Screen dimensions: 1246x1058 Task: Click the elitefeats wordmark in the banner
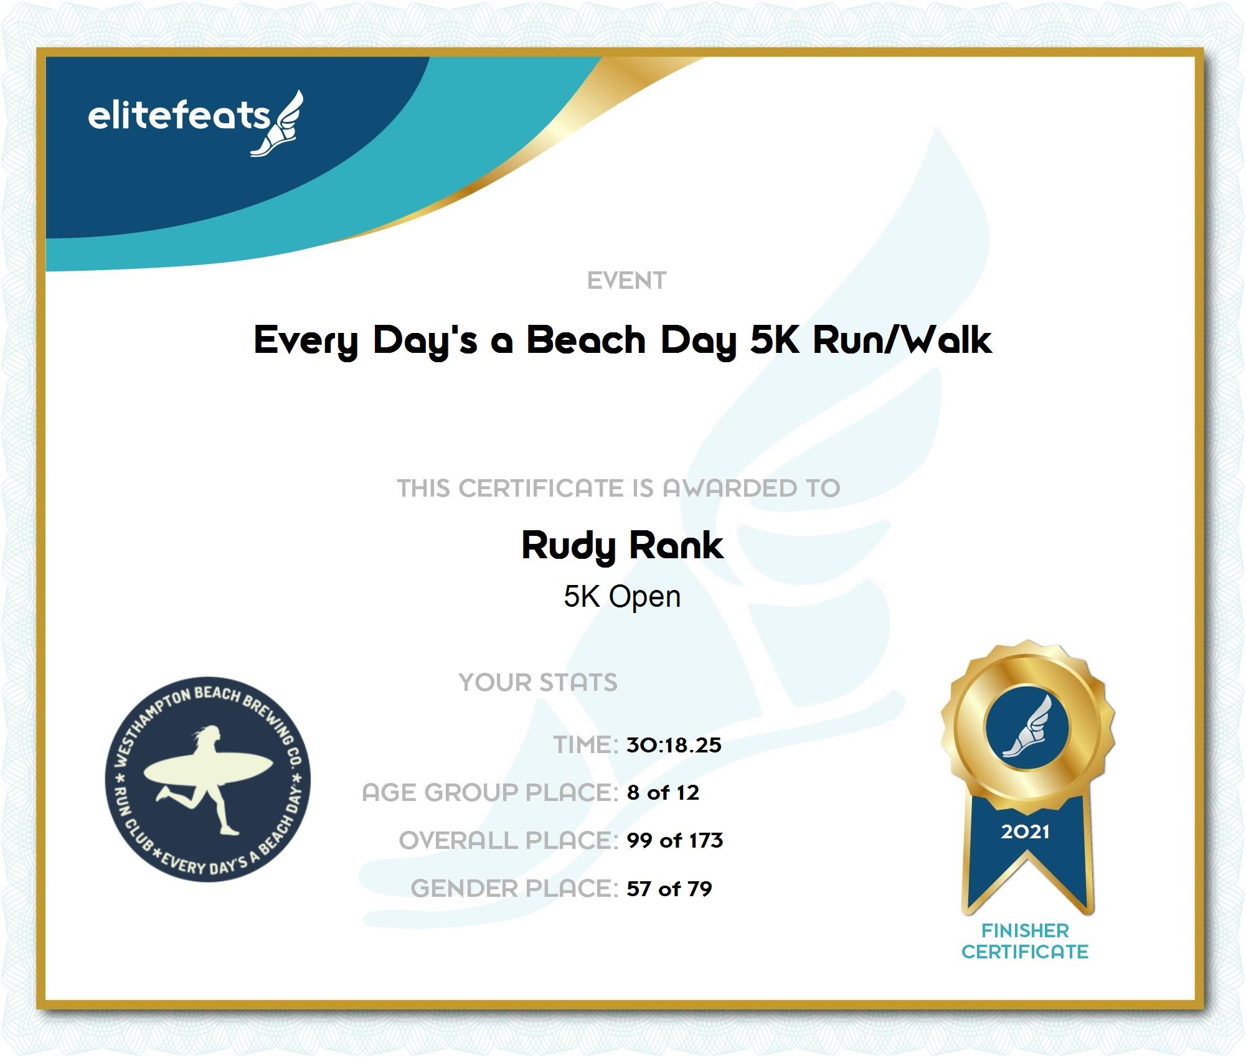(179, 116)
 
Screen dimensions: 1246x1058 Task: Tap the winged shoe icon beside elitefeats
(277, 123)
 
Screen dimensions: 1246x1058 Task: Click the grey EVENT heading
(626, 281)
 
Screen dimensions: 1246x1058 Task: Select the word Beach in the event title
(587, 340)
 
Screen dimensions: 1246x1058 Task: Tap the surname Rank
(676, 545)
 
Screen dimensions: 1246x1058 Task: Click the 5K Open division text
(622, 596)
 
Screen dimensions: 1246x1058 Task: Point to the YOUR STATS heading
(538, 682)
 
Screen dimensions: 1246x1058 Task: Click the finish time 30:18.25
(674, 745)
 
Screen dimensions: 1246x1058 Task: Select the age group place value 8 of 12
(663, 792)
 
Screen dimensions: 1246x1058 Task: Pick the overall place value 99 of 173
(675, 840)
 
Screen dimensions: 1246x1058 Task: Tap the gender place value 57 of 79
(669, 888)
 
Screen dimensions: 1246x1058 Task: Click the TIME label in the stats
(585, 745)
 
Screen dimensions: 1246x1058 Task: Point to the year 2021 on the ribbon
(1025, 831)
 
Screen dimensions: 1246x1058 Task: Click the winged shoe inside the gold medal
(1028, 727)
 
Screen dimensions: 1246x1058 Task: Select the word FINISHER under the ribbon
(1025, 930)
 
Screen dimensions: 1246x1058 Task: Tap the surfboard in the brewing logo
(208, 770)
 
